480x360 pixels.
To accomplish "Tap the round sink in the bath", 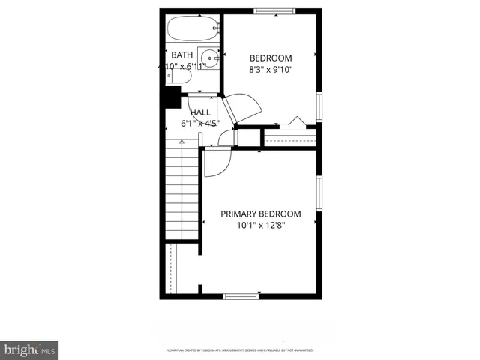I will pyautogui.click(x=211, y=58).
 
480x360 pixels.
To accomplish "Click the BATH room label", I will pyautogui.click(x=182, y=55).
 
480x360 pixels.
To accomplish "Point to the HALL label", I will pyautogui.click(x=200, y=112).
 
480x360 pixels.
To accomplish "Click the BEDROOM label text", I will pyautogui.click(x=271, y=58).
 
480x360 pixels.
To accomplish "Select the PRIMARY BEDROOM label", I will pyautogui.click(x=261, y=214).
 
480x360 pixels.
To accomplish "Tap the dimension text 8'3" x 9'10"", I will pyautogui.click(x=271, y=70).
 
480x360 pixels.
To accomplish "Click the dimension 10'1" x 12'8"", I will pyautogui.click(x=261, y=225).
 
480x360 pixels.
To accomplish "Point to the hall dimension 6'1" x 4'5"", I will pyautogui.click(x=200, y=123).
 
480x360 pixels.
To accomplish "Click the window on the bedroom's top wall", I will pyautogui.click(x=272, y=10).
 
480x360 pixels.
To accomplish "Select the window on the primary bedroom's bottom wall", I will pyautogui.click(x=241, y=296).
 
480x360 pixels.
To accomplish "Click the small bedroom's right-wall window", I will pyautogui.click(x=319, y=106).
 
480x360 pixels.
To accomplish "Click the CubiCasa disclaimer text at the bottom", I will pyautogui.click(x=239, y=350).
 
